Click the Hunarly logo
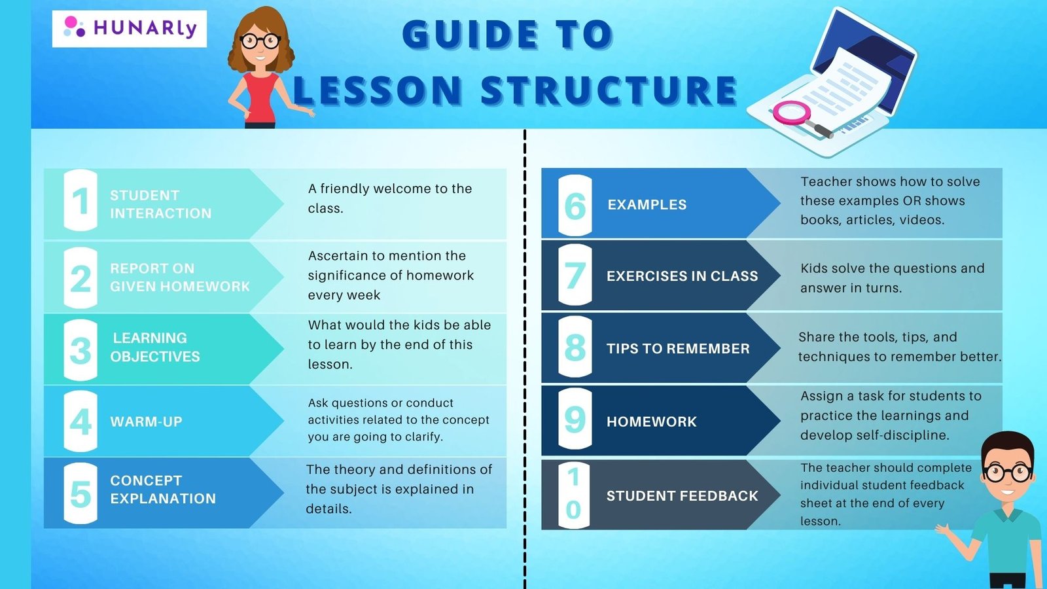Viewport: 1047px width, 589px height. click(x=130, y=29)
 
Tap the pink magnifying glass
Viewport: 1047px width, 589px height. click(x=794, y=115)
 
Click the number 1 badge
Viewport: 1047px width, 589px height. click(x=80, y=200)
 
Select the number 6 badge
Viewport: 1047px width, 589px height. click(x=575, y=205)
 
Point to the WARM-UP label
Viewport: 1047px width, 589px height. click(x=147, y=421)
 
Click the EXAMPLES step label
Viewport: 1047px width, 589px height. click(x=647, y=204)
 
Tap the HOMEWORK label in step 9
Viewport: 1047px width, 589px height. click(x=652, y=421)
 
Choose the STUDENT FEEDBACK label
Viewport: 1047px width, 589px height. click(x=682, y=495)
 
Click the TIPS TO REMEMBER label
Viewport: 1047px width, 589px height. click(x=678, y=348)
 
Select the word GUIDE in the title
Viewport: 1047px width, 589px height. click(x=470, y=34)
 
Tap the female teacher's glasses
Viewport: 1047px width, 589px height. click(x=260, y=41)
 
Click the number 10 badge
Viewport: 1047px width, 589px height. click(x=575, y=495)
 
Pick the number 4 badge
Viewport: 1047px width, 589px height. click(x=80, y=421)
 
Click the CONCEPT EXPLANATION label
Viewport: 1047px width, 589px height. click(x=163, y=490)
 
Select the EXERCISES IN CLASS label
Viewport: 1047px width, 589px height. click(x=682, y=276)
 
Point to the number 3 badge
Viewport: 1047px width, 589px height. click(x=80, y=350)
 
